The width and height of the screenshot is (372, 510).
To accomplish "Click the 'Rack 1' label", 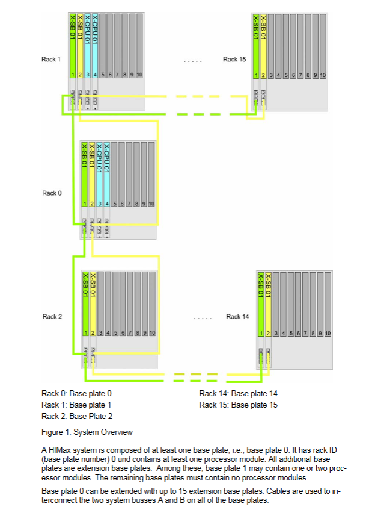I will (x=51, y=59).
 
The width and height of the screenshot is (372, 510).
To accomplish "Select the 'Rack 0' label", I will (x=52, y=193).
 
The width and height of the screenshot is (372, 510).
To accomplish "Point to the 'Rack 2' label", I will (x=52, y=316).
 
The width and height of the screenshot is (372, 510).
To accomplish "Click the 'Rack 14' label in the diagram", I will (x=237, y=316).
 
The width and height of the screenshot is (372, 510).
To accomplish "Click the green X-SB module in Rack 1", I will (x=72, y=45).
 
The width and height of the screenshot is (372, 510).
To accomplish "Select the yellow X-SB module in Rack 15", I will (x=263, y=45).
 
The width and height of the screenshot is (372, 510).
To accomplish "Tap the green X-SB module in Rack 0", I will (x=84, y=175).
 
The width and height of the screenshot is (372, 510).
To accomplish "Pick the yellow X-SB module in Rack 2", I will (x=93, y=301).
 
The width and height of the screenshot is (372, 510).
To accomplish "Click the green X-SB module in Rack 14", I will (x=260, y=301).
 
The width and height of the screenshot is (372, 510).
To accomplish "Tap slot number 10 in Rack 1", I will (x=139, y=75).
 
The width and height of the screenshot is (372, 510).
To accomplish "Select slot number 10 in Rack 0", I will (x=151, y=204).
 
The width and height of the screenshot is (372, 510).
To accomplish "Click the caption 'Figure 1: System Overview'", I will (x=87, y=432).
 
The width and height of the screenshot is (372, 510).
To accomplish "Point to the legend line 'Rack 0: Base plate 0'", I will (x=76, y=393).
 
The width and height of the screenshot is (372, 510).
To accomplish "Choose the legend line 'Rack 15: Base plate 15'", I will (x=238, y=405).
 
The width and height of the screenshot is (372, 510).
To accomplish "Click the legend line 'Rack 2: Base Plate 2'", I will (x=77, y=416).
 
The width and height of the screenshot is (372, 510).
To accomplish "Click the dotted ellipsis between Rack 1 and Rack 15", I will (x=192, y=61).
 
